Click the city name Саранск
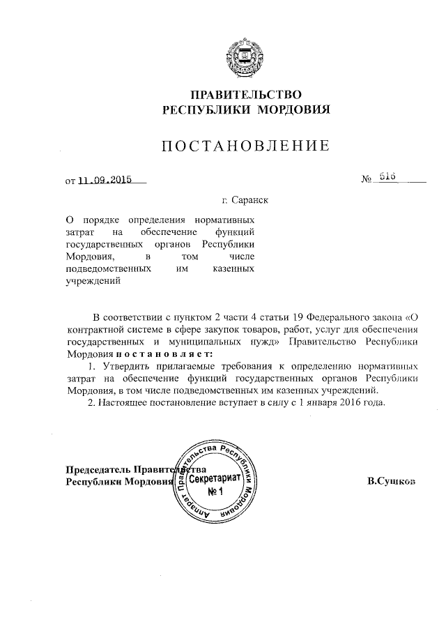[249, 200]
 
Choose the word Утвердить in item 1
[128, 365]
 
